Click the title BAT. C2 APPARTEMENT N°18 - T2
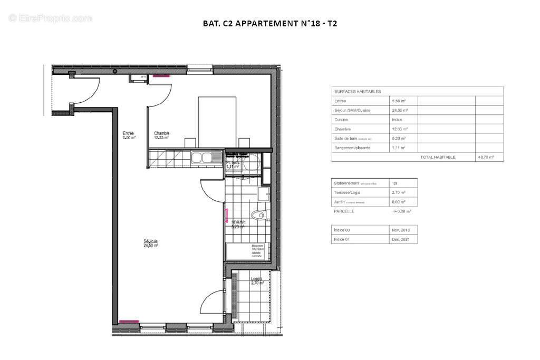pyautogui.click(x=269, y=24)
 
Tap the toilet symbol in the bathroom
pyautogui.click(x=258, y=215)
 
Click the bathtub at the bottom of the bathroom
pyautogui.click(x=246, y=252)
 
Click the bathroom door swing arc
pyautogui.click(x=210, y=191)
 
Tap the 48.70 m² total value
pyautogui.click(x=488, y=157)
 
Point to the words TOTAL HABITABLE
pyautogui.click(x=437, y=157)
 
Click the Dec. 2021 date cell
pyautogui.click(x=404, y=239)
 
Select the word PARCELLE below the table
pyautogui.click(x=344, y=211)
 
